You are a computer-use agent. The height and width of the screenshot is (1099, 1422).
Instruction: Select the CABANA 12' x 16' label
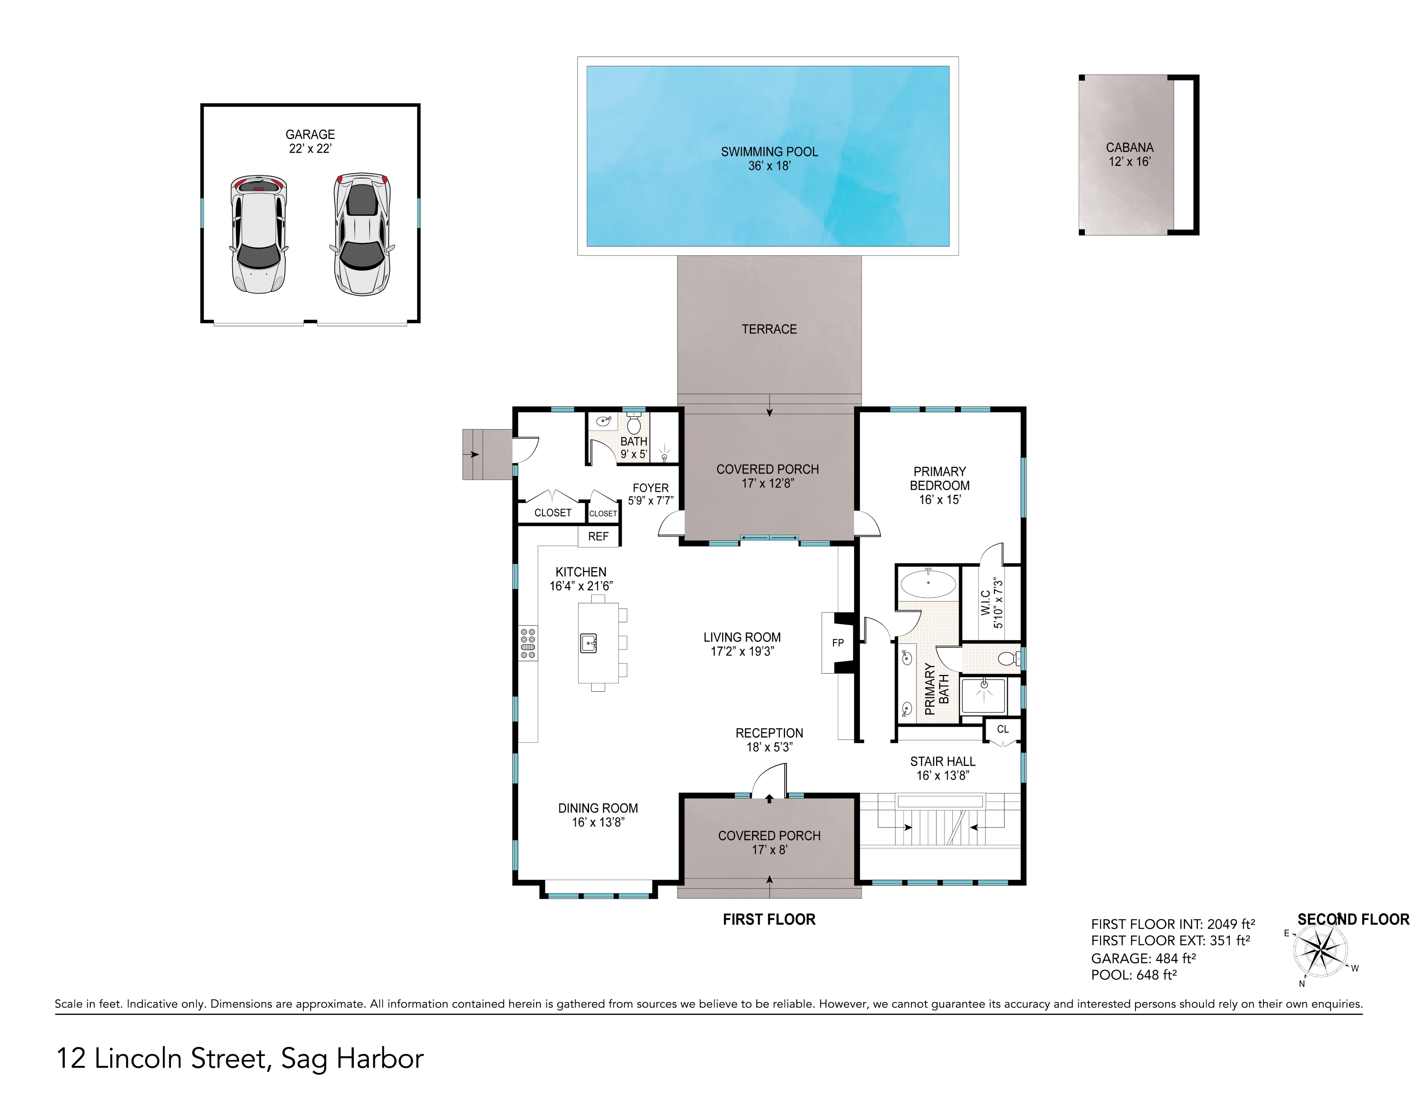click(1130, 154)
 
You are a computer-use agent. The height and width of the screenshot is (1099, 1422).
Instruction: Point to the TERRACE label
click(769, 329)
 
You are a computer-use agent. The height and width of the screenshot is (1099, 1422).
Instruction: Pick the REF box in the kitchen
click(598, 537)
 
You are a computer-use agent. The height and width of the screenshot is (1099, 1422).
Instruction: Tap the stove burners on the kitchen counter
click(528, 643)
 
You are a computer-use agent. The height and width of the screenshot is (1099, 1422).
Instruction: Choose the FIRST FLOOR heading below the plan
click(769, 919)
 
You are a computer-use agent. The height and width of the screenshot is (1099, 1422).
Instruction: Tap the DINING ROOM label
click(598, 815)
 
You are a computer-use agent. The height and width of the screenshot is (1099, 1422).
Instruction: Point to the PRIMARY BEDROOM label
click(939, 485)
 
